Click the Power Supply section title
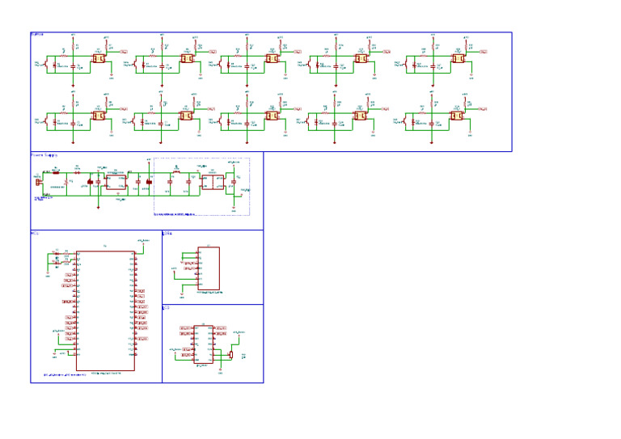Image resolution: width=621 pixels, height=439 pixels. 44,154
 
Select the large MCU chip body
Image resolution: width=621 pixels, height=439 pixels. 105,311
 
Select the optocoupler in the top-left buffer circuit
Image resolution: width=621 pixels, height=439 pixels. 99,59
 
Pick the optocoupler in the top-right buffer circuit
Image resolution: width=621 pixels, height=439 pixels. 458,59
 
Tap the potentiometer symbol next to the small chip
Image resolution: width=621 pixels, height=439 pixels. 231,354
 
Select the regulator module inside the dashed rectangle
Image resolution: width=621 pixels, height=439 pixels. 212,183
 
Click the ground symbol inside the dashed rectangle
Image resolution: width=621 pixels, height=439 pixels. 234,209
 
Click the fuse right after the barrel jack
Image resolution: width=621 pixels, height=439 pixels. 56,172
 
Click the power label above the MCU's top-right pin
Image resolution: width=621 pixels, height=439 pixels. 142,240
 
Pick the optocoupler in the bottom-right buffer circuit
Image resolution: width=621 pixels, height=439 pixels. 458,116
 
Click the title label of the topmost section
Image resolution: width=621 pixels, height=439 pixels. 37,34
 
